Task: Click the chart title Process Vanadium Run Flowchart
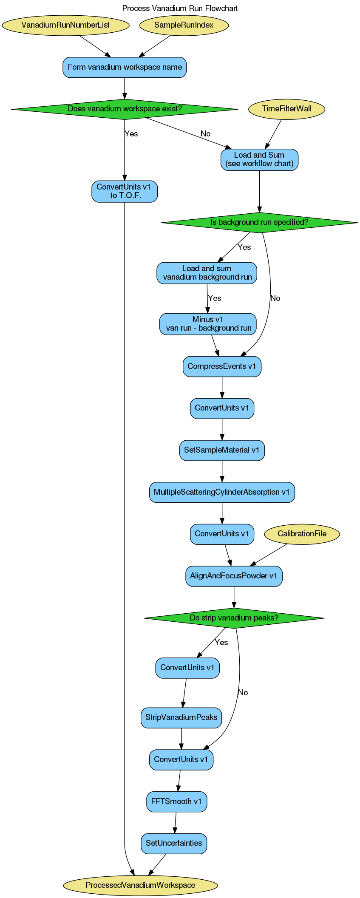[x=180, y=8]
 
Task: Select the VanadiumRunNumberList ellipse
[x=65, y=25]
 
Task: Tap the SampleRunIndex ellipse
[x=184, y=25]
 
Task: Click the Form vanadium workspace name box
[x=125, y=67]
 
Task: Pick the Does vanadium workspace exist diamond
[x=125, y=109]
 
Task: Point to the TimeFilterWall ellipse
[x=286, y=109]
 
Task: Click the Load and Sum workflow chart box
[x=259, y=159]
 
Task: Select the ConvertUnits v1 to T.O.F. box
[x=125, y=191]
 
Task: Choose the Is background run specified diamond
[x=259, y=222]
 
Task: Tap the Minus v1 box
[x=208, y=324]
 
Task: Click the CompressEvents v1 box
[x=222, y=366]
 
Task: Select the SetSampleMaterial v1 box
[x=222, y=450]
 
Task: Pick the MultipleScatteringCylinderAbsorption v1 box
[x=221, y=492]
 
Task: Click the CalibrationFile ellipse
[x=302, y=534]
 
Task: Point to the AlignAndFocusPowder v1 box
[x=234, y=576]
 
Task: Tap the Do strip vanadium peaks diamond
[x=234, y=618]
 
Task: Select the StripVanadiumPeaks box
[x=181, y=717]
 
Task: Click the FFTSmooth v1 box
[x=176, y=802]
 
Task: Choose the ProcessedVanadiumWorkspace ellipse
[x=140, y=885]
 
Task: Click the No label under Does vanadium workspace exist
[x=205, y=134]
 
